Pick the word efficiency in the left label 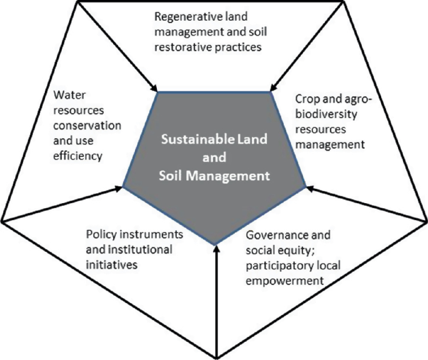[77, 156]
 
